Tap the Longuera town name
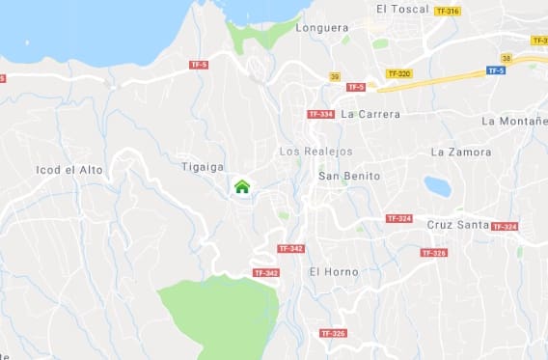[x=322, y=28]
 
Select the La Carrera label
[x=370, y=114]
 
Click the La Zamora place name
[x=461, y=152]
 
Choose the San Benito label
[x=349, y=177]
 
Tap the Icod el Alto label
[x=68, y=170]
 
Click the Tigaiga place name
[x=203, y=166]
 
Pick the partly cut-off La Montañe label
[x=514, y=121]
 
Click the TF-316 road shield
[x=448, y=11]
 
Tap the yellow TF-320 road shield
[x=398, y=73]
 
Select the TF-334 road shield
[x=320, y=114]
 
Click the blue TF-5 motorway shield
[x=495, y=70]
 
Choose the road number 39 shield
[x=334, y=75]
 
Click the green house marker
[x=241, y=186]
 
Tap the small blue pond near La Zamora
[x=437, y=186]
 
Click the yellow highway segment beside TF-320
[x=444, y=76]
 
